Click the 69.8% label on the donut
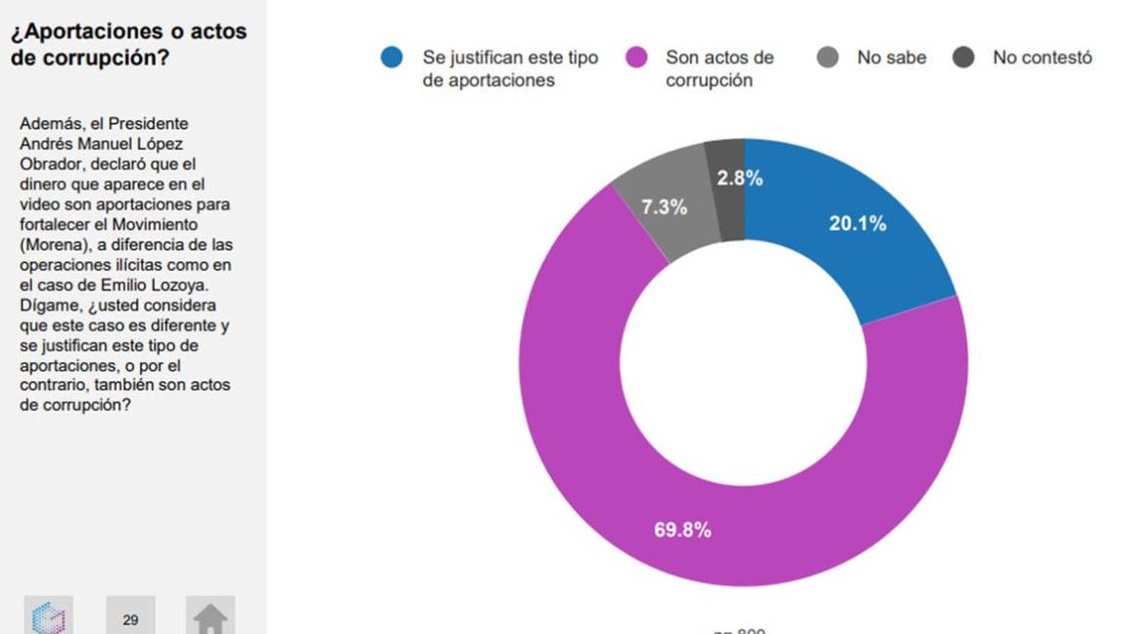682,530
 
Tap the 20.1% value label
857,224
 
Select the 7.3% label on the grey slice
664,207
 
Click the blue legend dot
392,58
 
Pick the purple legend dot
636,58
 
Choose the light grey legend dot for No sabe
827,58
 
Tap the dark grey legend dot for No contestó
963,58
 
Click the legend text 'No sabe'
891,58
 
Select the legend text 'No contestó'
1042,58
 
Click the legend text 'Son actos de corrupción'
720,68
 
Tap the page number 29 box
130,617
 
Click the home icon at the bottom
211,617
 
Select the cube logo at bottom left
48,617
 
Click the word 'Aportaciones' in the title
89,31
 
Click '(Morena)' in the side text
51,244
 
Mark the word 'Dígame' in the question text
45,304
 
